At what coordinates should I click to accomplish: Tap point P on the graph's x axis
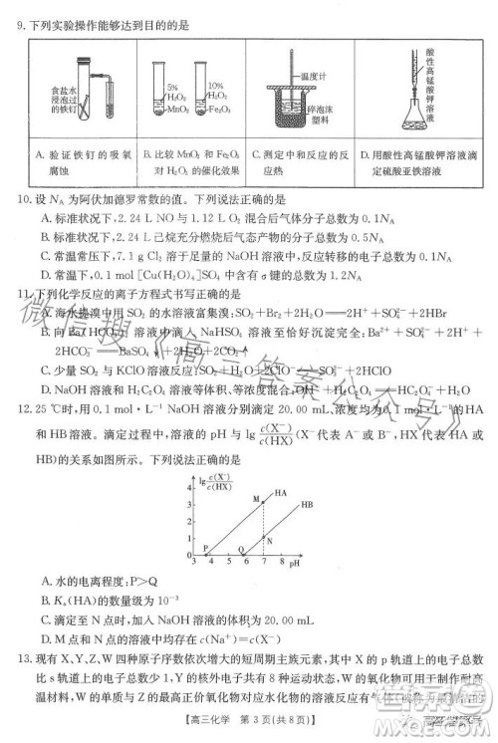207,550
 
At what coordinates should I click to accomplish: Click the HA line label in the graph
282,493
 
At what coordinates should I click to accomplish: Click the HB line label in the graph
308,506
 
